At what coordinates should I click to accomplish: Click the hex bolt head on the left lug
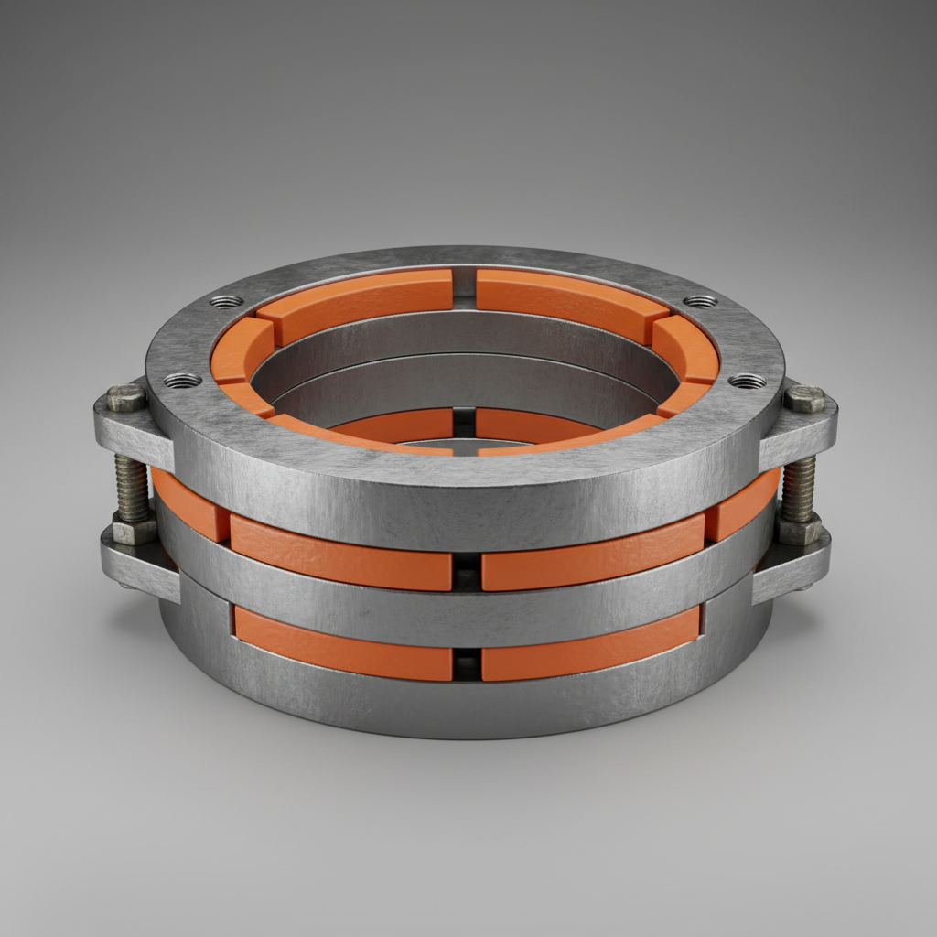tap(125, 398)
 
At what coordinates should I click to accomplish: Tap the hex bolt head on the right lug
tap(804, 399)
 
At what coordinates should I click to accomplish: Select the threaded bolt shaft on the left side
tap(132, 486)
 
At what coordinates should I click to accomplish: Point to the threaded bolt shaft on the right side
tap(799, 488)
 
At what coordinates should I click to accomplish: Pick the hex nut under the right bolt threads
tap(798, 528)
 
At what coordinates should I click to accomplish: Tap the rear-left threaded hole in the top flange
tap(226, 301)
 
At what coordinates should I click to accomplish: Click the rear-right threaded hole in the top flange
tap(700, 301)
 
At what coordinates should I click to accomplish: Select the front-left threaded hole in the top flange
tap(182, 380)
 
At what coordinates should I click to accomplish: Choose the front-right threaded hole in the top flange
tap(748, 380)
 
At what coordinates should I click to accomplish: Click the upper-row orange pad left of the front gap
tap(340, 555)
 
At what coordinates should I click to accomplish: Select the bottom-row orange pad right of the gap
tap(590, 645)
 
